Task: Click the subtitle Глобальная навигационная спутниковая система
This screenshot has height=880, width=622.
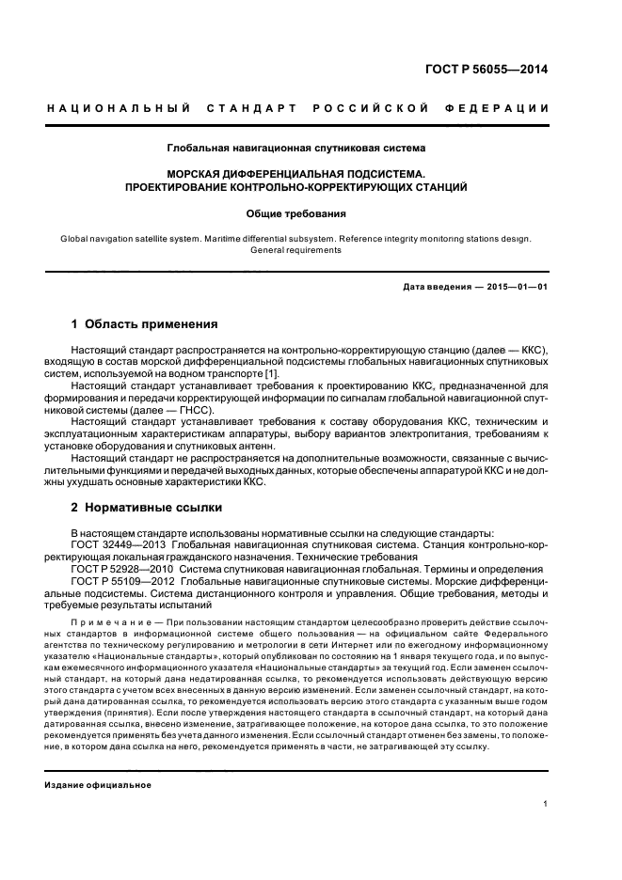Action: tap(296, 148)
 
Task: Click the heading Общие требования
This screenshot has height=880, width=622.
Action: tap(296, 213)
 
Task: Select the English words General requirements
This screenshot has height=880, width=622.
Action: tap(296, 250)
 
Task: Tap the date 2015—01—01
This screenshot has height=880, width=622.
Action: tap(517, 286)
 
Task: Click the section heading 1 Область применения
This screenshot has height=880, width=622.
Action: tap(144, 324)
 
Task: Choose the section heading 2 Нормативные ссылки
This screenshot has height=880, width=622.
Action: tap(146, 508)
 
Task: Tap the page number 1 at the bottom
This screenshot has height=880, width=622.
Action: tap(546, 804)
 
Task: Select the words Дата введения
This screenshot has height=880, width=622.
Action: tap(434, 286)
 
